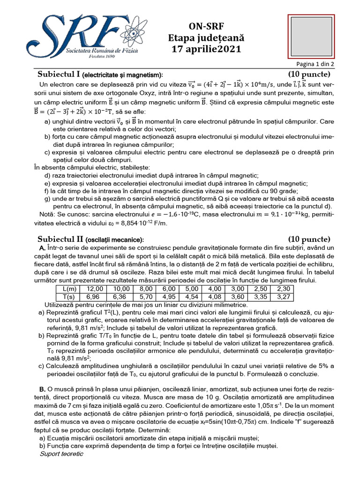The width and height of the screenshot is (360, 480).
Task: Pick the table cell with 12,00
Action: [x=95, y=289]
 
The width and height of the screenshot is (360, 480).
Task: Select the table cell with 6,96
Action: [x=95, y=297]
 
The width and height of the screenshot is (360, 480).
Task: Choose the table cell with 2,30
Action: [x=284, y=289]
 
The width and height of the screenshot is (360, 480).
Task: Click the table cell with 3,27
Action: [x=284, y=297]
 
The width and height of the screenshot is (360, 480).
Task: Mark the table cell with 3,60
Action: [x=238, y=297]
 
